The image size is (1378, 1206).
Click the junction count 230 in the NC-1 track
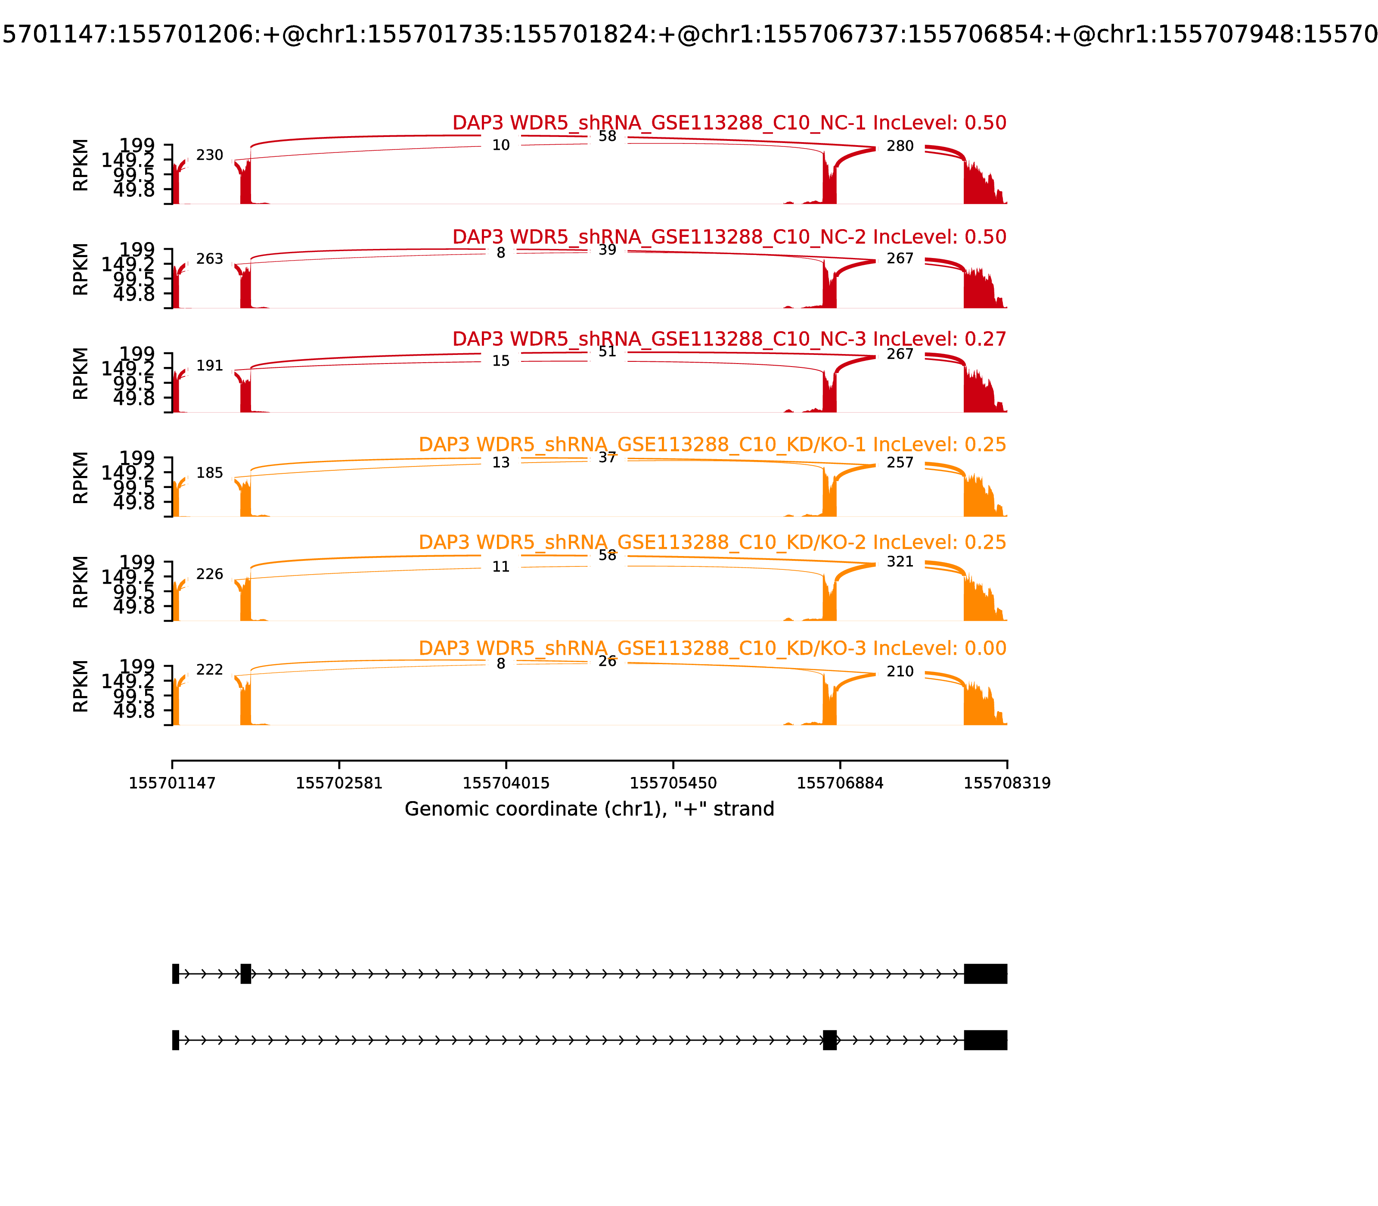[209, 155]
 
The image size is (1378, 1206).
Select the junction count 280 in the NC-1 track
[900, 147]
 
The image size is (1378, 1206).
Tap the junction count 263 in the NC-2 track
[209, 260]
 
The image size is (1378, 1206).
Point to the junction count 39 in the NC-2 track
[607, 250]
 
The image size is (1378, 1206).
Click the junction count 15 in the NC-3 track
[500, 361]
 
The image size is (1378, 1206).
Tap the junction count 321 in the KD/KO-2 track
[900, 562]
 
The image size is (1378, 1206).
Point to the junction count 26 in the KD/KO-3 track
[607, 662]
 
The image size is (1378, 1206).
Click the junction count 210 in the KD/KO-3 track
[900, 671]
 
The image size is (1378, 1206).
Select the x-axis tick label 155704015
[506, 783]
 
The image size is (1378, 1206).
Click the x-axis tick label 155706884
[840, 783]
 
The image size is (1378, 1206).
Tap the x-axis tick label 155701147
[172, 783]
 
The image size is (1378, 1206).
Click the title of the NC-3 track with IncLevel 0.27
[729, 339]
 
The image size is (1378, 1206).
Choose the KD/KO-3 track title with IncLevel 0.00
[712, 649]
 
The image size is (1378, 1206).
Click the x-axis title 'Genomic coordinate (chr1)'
[589, 809]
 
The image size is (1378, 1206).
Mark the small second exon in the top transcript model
[245, 974]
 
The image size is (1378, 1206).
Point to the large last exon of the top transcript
[985, 974]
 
